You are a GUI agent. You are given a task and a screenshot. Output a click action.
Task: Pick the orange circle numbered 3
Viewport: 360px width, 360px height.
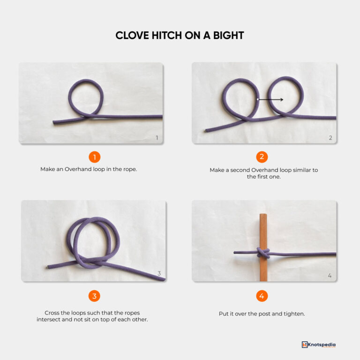point(94,296)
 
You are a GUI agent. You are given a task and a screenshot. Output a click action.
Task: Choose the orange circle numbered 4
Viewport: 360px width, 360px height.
point(262,296)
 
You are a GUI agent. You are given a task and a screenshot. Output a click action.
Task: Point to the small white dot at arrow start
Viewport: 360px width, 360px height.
point(258,99)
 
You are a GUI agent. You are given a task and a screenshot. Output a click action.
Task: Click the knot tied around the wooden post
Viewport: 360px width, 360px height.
point(263,254)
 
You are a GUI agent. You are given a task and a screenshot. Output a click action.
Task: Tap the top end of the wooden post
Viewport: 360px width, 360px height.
point(263,216)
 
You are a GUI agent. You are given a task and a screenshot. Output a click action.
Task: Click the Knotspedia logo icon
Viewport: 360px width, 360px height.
point(305,345)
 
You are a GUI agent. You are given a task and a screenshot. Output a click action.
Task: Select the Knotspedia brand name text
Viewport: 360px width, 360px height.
point(322,345)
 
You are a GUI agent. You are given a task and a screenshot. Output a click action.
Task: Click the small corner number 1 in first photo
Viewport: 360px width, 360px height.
point(157,138)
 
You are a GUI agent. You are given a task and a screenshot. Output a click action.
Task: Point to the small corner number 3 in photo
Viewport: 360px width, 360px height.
point(159,274)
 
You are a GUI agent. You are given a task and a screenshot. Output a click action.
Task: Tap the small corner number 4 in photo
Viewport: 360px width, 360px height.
point(330,276)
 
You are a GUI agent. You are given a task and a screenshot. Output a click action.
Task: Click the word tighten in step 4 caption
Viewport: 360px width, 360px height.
point(294,313)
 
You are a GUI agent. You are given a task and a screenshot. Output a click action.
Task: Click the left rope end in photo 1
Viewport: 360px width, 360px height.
point(55,123)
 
